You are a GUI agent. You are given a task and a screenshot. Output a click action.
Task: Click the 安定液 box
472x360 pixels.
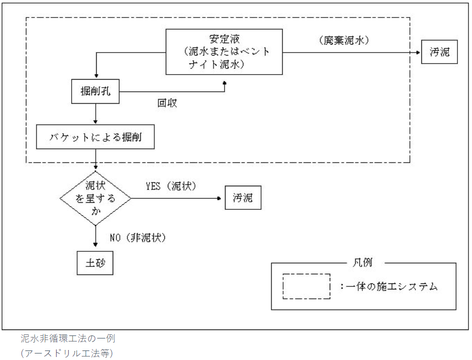[224, 52]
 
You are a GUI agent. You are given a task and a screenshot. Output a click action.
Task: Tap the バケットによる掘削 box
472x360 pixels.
[95, 137]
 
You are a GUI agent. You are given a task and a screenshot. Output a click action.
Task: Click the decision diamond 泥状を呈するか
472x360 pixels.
[95, 198]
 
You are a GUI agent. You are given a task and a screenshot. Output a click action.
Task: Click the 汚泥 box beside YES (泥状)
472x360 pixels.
[243, 198]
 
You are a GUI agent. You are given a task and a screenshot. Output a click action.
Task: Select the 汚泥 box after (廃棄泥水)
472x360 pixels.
[439, 52]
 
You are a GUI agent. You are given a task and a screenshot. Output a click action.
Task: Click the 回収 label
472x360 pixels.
[167, 103]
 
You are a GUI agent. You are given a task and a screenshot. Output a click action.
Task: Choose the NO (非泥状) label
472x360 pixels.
[138, 237]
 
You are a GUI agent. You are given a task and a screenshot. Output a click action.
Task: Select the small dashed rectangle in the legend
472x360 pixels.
[306, 286]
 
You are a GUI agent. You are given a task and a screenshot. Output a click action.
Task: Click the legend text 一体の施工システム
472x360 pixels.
[391, 286]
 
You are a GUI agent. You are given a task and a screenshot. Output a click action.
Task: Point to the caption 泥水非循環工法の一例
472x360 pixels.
[68, 339]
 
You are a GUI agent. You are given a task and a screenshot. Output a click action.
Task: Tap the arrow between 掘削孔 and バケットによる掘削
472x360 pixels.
[95, 114]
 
